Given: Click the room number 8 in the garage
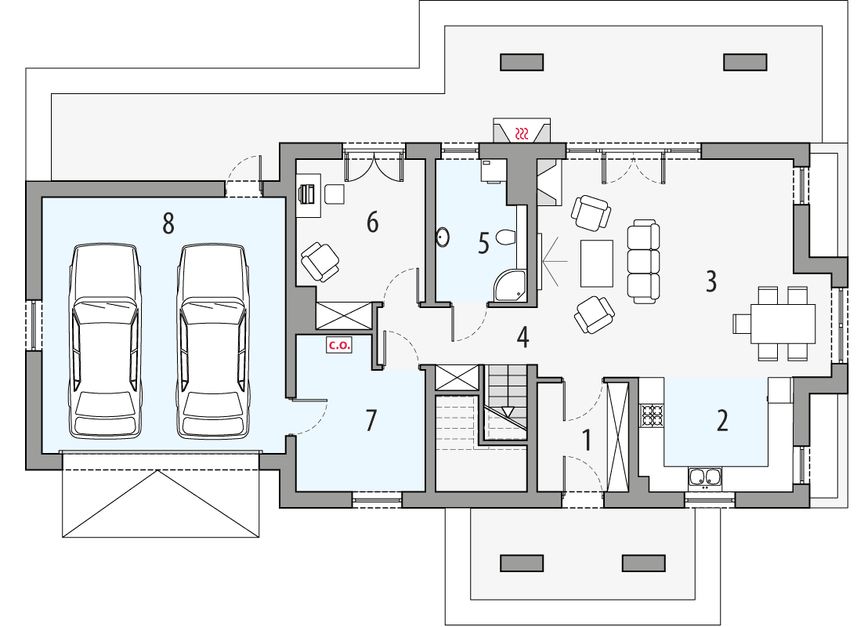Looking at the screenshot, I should click(x=168, y=223).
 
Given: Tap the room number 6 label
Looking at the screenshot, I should click(x=372, y=223).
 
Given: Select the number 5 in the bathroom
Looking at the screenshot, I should click(x=483, y=244).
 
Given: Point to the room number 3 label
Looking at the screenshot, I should click(x=711, y=281).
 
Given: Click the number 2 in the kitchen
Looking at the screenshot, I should click(x=722, y=421).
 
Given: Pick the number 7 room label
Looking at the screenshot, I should click(x=371, y=421).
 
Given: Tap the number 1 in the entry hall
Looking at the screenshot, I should click(x=586, y=441).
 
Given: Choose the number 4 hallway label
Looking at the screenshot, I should click(x=523, y=338).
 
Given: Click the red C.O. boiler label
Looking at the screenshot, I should click(x=338, y=343).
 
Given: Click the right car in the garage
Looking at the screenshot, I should click(x=213, y=340).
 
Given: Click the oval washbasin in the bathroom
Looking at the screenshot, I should click(x=443, y=237).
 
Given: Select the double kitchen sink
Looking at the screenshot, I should click(x=705, y=476).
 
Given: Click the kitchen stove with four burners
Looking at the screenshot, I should click(x=653, y=415).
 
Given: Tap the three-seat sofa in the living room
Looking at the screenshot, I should click(x=645, y=262).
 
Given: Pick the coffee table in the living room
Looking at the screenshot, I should click(x=597, y=263).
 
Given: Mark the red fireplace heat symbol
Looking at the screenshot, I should click(x=523, y=132).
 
